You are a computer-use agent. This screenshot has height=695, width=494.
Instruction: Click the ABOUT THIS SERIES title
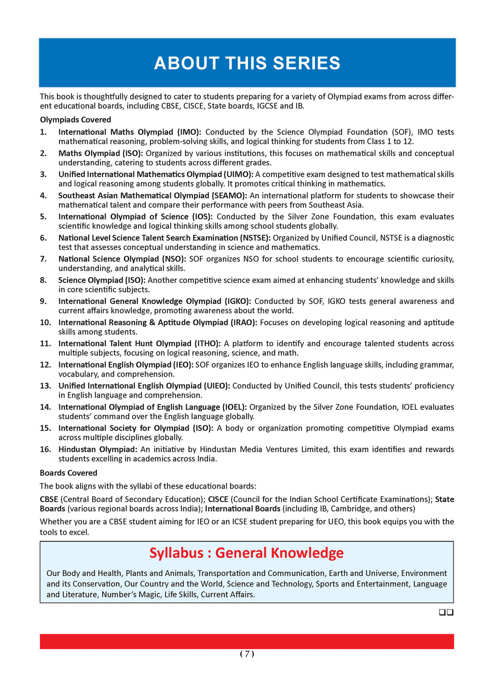[247, 63]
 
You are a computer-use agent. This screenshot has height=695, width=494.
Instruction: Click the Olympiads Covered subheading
[75, 120]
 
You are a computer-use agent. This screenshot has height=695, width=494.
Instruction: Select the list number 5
[43, 217]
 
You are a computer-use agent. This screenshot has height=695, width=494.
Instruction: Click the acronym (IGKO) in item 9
[235, 301]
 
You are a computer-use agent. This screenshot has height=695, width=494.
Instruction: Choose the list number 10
[45, 322]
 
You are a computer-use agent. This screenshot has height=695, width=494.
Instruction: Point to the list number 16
[45, 449]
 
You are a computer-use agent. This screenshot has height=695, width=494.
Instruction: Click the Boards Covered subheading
[69, 473]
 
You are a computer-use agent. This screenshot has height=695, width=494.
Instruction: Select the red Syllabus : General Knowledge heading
[247, 553]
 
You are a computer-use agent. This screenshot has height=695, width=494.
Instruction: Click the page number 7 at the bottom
[247, 654]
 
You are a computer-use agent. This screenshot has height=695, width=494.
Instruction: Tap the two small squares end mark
[446, 612]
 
